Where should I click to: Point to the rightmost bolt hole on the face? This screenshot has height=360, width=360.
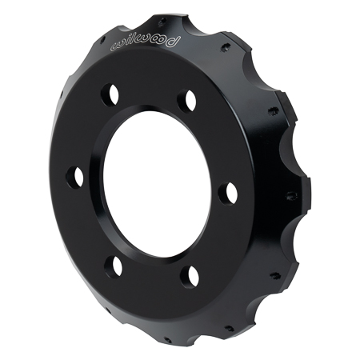click(x=229, y=194)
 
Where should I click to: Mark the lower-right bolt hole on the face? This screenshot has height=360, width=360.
click(x=190, y=277)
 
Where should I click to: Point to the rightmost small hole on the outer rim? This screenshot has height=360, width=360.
click(x=286, y=194)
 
